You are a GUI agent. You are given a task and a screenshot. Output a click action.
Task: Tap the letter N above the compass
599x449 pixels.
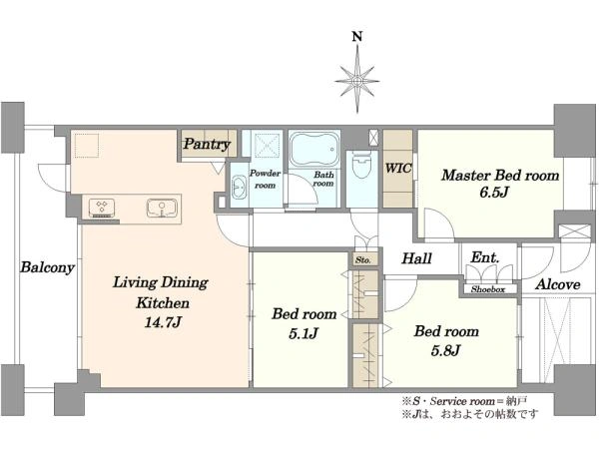point(356,39)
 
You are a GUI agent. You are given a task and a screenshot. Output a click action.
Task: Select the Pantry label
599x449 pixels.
point(207,145)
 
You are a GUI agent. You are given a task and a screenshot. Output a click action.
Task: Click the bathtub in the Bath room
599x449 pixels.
point(314,153)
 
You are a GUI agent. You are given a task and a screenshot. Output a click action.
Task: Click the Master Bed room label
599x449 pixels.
point(500,175)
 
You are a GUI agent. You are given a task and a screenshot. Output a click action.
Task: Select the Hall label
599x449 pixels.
point(415,258)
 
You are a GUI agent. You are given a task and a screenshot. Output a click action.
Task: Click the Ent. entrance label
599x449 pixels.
point(484,257)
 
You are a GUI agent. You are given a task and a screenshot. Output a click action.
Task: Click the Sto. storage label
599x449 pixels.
point(361,260)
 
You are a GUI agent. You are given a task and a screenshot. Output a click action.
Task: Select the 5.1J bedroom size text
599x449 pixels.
point(298,333)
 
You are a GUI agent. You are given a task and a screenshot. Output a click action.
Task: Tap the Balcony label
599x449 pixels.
point(45,268)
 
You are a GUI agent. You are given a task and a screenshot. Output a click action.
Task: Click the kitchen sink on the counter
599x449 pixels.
point(159,209)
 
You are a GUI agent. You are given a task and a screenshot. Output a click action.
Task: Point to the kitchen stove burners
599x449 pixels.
point(101,208)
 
